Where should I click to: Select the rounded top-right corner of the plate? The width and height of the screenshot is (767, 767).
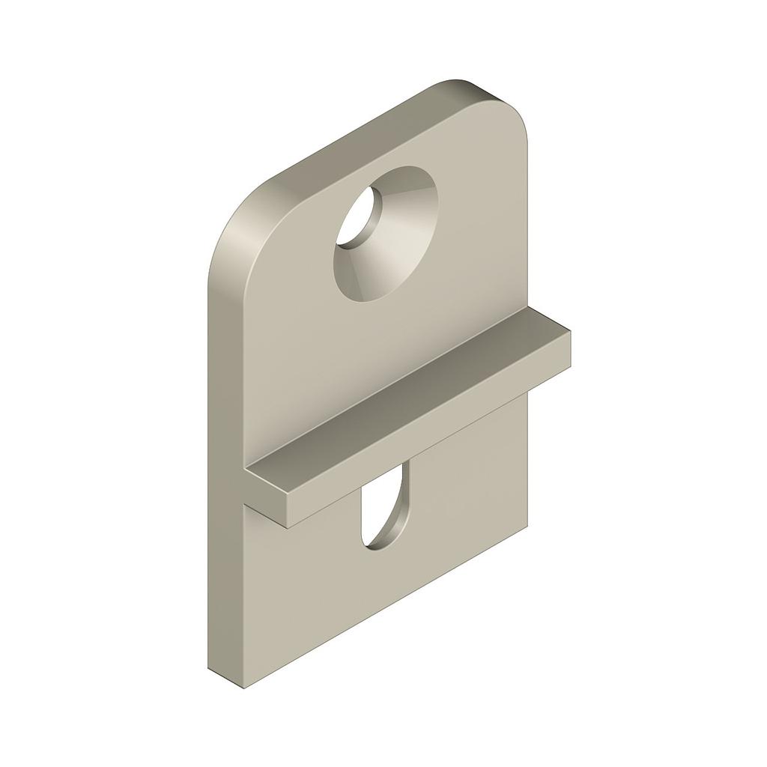pos(509,112)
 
